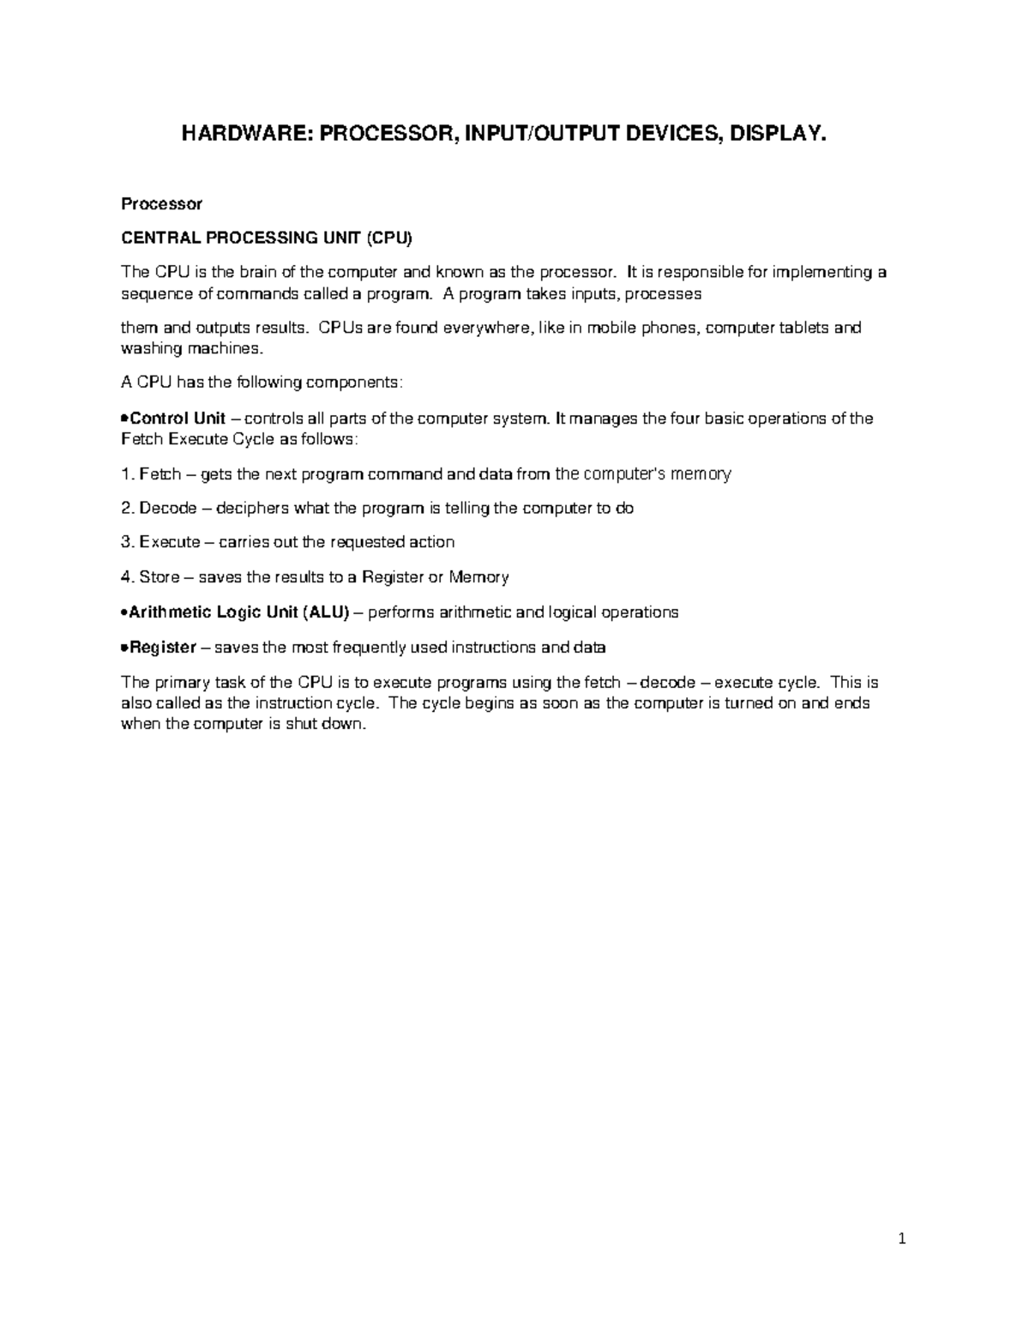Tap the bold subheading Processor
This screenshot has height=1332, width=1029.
pos(161,204)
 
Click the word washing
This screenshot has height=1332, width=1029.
pos(152,349)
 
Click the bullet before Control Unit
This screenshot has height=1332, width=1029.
pos(125,419)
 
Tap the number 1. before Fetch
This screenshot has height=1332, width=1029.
pos(129,473)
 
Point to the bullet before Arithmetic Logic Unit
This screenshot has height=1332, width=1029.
pos(125,612)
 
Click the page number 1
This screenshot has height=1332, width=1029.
pos(902,1239)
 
